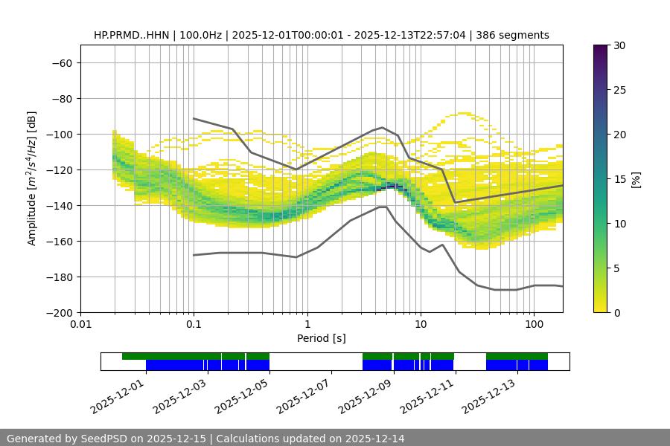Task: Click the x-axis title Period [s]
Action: click(321, 338)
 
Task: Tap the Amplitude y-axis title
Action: click(32, 178)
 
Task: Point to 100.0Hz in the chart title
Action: click(200, 35)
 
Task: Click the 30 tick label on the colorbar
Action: click(619, 46)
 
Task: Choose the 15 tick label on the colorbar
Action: click(619, 179)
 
